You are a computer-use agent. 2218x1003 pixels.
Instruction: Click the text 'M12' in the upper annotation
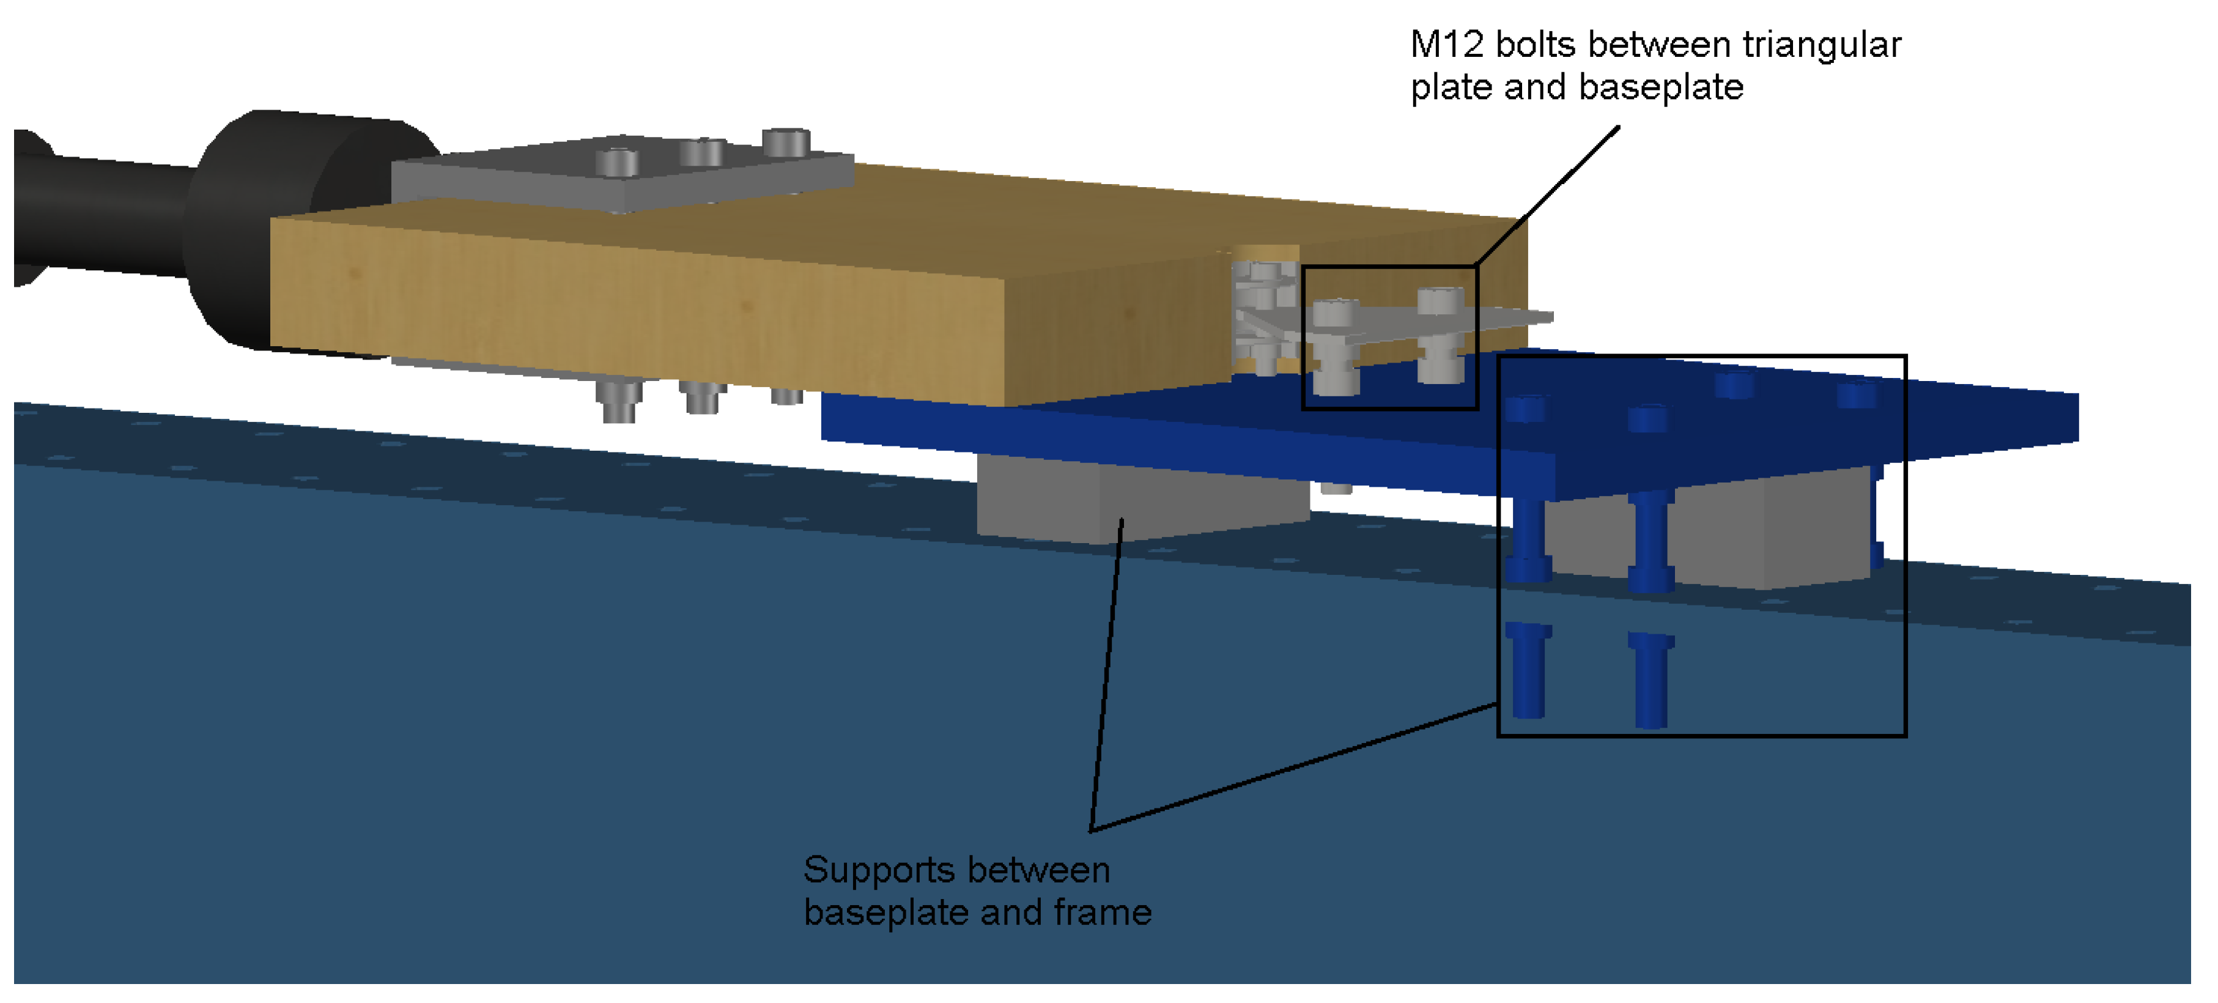pos(1446,45)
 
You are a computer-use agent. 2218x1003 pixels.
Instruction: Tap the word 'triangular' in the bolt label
pos(1821,45)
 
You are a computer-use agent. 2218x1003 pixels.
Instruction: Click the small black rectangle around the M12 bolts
pos(1304,336)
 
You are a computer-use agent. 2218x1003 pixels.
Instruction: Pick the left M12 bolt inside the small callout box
pos(1334,344)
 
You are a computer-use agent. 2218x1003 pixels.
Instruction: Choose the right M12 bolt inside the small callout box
pos(1440,336)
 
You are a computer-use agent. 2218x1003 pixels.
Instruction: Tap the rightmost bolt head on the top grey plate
pos(785,142)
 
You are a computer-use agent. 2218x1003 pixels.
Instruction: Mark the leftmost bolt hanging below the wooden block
pos(618,401)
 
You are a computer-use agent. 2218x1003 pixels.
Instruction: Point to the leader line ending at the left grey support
pos(1106,672)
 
